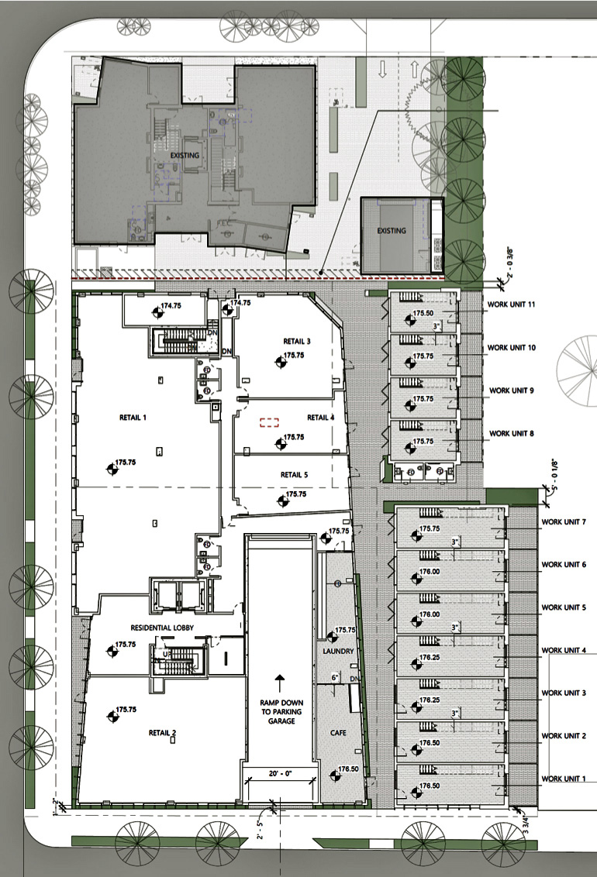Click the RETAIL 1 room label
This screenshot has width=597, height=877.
(x=133, y=418)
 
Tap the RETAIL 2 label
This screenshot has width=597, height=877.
(x=163, y=732)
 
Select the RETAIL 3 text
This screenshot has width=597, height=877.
(x=297, y=341)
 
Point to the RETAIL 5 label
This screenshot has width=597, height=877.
(x=294, y=475)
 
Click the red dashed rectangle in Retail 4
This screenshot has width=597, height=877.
(x=269, y=422)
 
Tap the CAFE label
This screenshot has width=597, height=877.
(x=338, y=732)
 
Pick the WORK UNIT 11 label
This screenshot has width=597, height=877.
(x=511, y=304)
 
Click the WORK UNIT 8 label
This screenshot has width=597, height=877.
(x=511, y=434)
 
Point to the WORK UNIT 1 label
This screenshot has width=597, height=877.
(x=564, y=778)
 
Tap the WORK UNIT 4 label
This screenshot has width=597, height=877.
(x=564, y=649)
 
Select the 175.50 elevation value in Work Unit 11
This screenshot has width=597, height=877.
(x=423, y=313)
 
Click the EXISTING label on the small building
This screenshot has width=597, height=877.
(x=392, y=231)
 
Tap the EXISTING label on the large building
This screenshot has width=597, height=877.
(x=185, y=155)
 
